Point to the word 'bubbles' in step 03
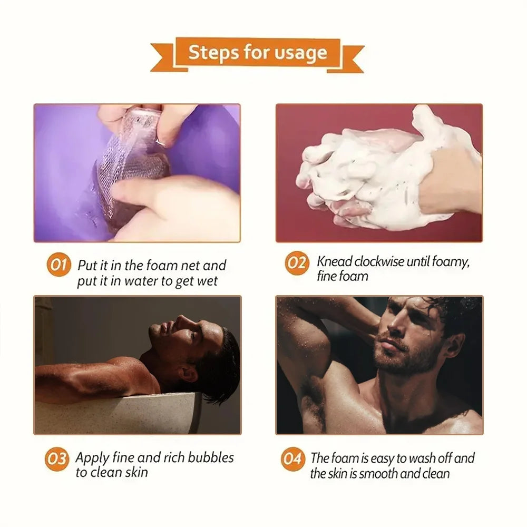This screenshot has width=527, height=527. [208, 457]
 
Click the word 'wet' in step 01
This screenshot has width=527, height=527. [208, 281]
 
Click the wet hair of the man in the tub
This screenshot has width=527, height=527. [224, 358]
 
